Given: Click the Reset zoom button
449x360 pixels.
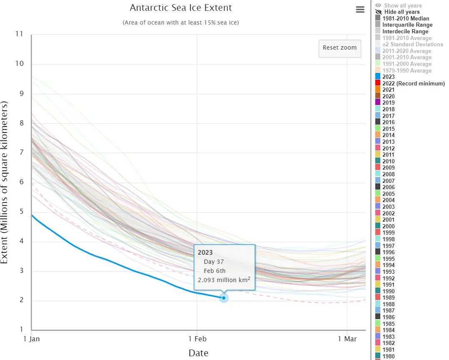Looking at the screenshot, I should pyautogui.click(x=339, y=48).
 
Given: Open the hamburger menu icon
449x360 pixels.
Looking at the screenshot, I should pyautogui.click(x=360, y=10).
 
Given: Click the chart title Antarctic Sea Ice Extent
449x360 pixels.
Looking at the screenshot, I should pyautogui.click(x=181, y=8).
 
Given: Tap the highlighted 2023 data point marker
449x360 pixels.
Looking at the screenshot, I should pyautogui.click(x=224, y=297).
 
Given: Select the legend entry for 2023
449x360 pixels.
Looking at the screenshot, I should pyautogui.click(x=388, y=77).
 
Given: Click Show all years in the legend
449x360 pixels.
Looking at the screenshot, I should pyautogui.click(x=402, y=5).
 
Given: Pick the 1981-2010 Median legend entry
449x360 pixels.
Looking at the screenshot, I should pyautogui.click(x=405, y=18).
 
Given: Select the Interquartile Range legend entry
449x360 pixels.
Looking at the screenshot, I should pyautogui.click(x=407, y=25).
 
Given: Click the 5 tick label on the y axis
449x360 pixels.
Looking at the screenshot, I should pyautogui.click(x=21, y=212).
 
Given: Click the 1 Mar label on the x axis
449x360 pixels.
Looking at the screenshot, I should pyautogui.click(x=347, y=339).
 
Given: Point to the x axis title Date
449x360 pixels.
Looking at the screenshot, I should pyautogui.click(x=198, y=353).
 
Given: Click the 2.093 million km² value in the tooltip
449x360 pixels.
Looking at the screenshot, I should pyautogui.click(x=224, y=280).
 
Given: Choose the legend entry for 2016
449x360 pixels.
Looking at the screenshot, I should pyautogui.click(x=388, y=122).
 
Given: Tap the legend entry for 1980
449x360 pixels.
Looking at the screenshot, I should pyautogui.click(x=388, y=356).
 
